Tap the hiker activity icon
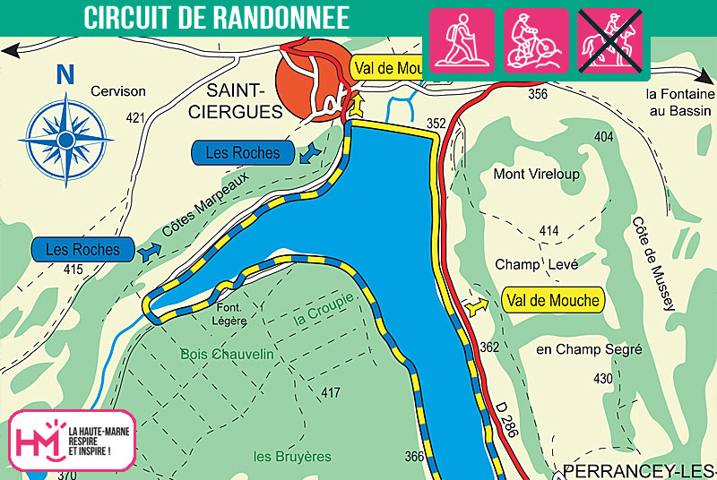click(x=462, y=40)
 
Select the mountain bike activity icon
click(x=535, y=40)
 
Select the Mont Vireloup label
click(x=537, y=174)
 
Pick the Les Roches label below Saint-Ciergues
click(x=242, y=153)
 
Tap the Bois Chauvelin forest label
click(x=227, y=353)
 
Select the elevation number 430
click(x=604, y=379)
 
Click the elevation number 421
click(x=135, y=117)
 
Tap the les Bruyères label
click(x=292, y=457)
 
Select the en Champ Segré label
click(x=588, y=348)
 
